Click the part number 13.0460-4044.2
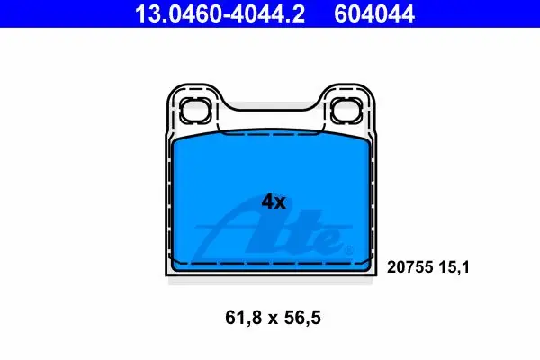tap(220, 13)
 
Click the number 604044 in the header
tap(374, 13)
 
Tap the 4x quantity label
tap(274, 202)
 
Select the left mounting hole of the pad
tap(195, 110)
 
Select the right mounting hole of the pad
tap(346, 110)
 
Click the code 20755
tap(409, 267)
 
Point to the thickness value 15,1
tap(454, 267)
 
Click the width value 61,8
tap(243, 318)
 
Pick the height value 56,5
tap(302, 318)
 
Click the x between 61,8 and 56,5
tap(273, 319)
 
